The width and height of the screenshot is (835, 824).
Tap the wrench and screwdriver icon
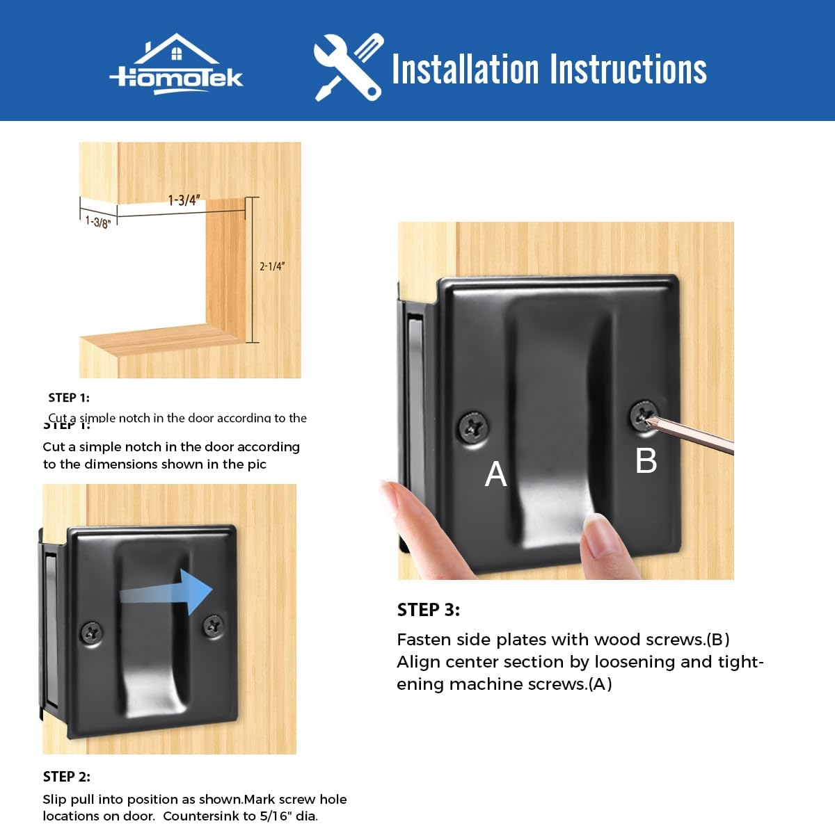(348, 67)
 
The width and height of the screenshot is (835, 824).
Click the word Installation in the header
(465, 70)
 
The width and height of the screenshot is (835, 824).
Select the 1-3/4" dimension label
(184, 200)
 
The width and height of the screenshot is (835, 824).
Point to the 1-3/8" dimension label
(97, 222)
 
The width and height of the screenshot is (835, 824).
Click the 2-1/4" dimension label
(272, 266)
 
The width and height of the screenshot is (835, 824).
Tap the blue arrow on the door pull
(167, 592)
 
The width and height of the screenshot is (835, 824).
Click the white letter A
(495, 474)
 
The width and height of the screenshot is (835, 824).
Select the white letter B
(646, 460)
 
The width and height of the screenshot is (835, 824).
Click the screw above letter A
(473, 424)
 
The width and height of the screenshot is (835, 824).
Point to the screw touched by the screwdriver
(644, 416)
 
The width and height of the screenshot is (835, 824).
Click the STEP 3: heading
(428, 610)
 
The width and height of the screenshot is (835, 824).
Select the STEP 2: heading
(66, 777)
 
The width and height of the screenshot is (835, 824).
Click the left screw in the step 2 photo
(92, 632)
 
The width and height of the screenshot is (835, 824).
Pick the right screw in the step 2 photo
(213, 626)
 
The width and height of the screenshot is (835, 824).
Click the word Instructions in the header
(628, 70)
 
